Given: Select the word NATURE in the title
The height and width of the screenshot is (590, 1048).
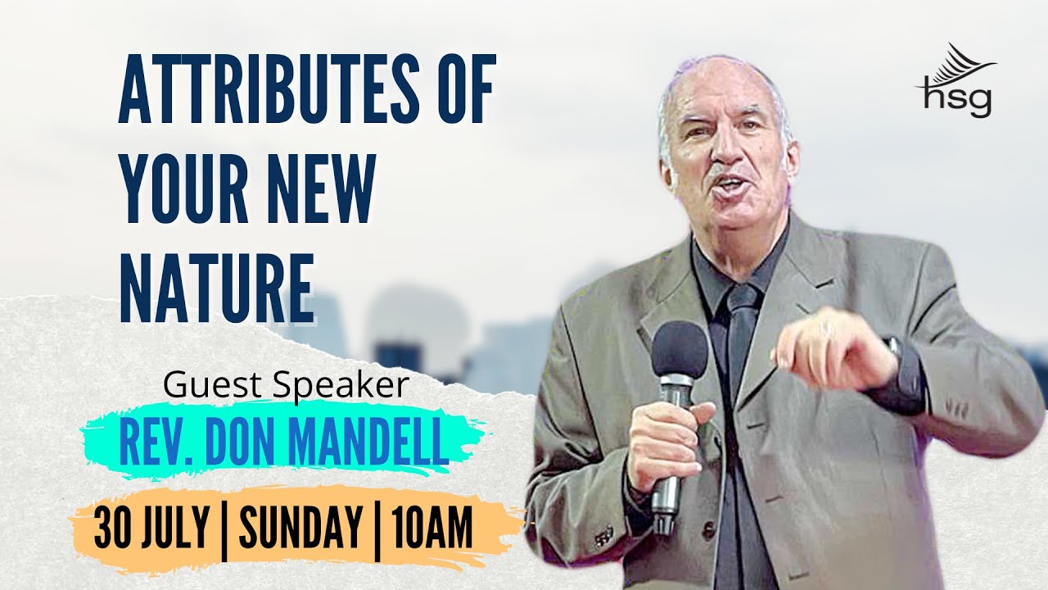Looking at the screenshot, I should [x=217, y=281].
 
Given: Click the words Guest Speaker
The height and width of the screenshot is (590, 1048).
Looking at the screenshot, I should [x=286, y=385].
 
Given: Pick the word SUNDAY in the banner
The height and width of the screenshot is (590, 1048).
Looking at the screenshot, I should [x=300, y=528].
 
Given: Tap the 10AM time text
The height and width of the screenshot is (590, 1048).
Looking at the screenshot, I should [x=431, y=528].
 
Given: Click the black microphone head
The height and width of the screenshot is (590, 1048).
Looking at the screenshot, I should [x=679, y=348].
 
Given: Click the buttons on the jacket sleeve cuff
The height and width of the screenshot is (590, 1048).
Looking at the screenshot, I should [x=604, y=537].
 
